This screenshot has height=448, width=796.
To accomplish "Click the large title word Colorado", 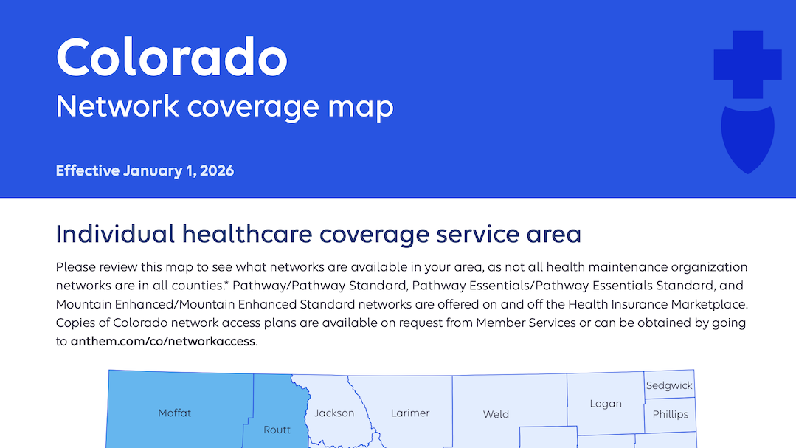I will pyautogui.click(x=171, y=57).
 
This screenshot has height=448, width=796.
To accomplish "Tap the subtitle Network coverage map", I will pyautogui.click(x=224, y=106).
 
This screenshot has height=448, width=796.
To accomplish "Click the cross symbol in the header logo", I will pyautogui.click(x=747, y=65).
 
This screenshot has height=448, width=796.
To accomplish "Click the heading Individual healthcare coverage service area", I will pyautogui.click(x=318, y=235).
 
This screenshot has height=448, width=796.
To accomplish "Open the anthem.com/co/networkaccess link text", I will pyautogui.click(x=163, y=342).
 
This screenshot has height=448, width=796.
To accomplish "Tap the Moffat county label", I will pyautogui.click(x=175, y=413).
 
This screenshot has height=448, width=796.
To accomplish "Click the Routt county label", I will pyautogui.click(x=277, y=430).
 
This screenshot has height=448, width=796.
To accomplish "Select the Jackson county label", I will pyautogui.click(x=334, y=413).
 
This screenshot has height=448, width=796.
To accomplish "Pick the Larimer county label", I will pyautogui.click(x=410, y=413).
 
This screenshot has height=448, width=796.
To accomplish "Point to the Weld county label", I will pyautogui.click(x=496, y=414).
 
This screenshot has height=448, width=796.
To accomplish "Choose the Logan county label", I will pyautogui.click(x=606, y=404).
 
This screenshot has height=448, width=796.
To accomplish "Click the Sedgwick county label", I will pyautogui.click(x=669, y=385).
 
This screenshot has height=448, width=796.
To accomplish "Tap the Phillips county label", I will pyautogui.click(x=670, y=414).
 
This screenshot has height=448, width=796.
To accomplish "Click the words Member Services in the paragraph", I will pyautogui.click(x=525, y=323).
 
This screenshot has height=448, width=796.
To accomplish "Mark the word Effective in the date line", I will pyautogui.click(x=87, y=171).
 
